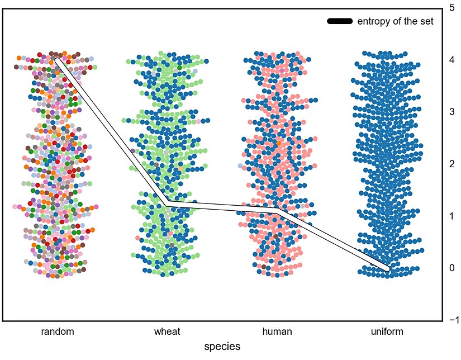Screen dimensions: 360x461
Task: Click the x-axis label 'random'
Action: (x=58, y=331)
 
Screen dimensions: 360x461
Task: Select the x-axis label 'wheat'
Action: (x=167, y=331)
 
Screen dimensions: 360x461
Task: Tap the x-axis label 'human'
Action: (x=277, y=331)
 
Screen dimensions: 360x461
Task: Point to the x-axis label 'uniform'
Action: (x=387, y=331)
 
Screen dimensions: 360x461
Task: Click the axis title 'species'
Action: (x=222, y=347)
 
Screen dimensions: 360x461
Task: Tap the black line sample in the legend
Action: (x=339, y=21)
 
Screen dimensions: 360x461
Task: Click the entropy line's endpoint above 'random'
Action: (x=58, y=60)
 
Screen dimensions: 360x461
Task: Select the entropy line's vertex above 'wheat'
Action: (x=167, y=205)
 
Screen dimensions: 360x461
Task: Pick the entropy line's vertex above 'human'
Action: (x=277, y=210)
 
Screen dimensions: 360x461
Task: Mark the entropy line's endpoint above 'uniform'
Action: (x=387, y=268)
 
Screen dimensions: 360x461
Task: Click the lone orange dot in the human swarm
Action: (x=277, y=143)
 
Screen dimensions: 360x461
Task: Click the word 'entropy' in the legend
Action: (x=372, y=22)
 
